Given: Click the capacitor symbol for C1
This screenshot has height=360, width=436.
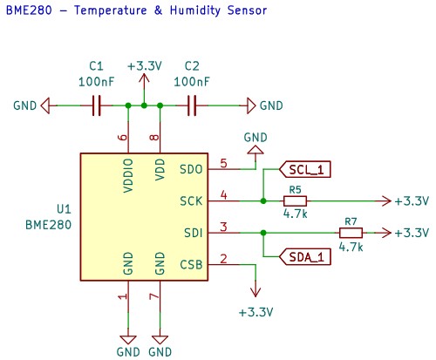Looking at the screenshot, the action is click(97, 105).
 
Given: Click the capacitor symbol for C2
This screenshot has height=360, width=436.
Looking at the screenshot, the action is click(192, 105).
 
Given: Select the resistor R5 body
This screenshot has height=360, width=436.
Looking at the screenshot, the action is click(295, 201).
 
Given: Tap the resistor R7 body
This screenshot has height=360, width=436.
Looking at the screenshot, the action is click(351, 233).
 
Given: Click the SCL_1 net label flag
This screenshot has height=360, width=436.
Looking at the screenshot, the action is click(305, 169).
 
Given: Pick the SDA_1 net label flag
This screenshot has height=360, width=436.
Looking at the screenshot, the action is click(305, 257).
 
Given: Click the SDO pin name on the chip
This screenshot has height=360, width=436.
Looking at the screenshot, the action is click(191, 169).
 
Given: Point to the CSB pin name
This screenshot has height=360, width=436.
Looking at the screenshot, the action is click(191, 265).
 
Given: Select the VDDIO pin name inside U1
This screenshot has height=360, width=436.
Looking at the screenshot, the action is click(128, 175).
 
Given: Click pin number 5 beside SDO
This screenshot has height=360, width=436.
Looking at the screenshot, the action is click(223, 163).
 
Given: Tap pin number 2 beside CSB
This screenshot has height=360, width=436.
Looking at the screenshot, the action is click(223, 259).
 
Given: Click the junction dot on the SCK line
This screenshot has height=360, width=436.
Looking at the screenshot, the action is click(263, 201).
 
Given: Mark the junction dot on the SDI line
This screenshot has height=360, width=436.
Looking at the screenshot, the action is click(263, 233).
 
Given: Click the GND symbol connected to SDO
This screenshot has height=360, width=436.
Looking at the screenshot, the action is click(255, 150).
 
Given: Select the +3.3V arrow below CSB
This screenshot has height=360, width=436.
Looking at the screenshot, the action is click(255, 289).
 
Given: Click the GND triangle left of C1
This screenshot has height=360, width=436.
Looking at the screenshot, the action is click(45, 105).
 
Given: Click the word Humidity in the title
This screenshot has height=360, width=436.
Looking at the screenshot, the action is click(195, 10).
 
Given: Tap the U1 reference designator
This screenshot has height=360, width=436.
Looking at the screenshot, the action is click(64, 209).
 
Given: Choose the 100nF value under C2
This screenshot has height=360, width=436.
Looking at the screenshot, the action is click(192, 82).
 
